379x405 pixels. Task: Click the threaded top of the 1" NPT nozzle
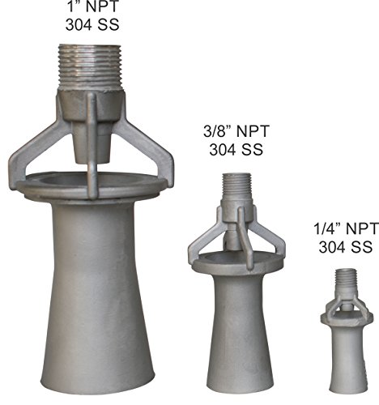pyautogui.click(x=90, y=66)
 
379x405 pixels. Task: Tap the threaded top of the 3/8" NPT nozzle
pyautogui.click(x=236, y=186)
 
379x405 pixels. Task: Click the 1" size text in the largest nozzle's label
pyautogui.click(x=74, y=6)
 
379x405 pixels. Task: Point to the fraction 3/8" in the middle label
pyautogui.click(x=218, y=131)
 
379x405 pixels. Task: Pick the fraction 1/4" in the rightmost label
pyautogui.click(x=327, y=229)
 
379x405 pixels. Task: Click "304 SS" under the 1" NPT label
pyautogui.click(x=92, y=24)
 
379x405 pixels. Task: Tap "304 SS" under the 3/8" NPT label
pyautogui.click(x=236, y=149)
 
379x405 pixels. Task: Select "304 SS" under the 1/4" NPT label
pyautogui.click(x=346, y=247)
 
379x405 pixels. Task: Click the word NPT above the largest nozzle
pyautogui.click(x=102, y=6)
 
